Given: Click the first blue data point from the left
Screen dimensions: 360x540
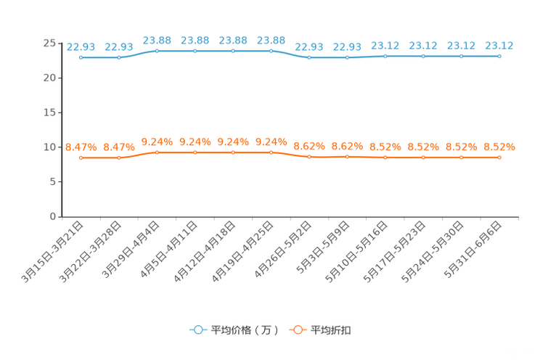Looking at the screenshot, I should pos(81,57).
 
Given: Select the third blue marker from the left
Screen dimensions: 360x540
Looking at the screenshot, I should pos(157,51).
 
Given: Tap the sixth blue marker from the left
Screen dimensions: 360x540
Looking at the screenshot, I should pos(271,51).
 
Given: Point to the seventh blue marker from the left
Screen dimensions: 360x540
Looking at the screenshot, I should pos(309,57).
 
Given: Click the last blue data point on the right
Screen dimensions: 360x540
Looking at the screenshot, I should pos(499,56).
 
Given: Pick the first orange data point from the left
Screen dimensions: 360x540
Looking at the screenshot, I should pos(81,157).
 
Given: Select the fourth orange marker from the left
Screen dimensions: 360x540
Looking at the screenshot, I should pos(195,152).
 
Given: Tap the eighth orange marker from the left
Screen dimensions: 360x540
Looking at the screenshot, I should pos(347,157).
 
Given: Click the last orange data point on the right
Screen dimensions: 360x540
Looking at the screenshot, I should pos(499,157).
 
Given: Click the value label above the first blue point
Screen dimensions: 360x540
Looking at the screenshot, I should pos(81,46).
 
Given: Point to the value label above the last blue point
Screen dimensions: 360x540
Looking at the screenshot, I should pos(499,45).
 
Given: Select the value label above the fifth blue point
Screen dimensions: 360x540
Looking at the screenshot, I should pos(233,40).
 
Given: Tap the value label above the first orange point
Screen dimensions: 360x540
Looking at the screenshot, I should pos(81,147).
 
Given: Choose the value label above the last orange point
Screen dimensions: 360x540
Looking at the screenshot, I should pos(499,146).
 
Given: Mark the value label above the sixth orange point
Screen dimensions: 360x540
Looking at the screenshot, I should pos(271,142).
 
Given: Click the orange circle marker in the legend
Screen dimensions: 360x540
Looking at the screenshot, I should pos(298,330).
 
